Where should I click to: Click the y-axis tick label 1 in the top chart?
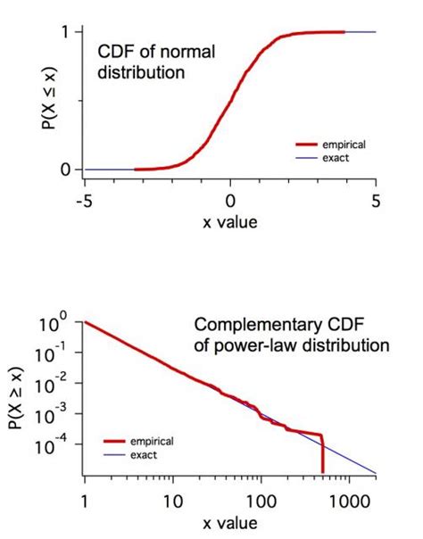[x=65, y=32]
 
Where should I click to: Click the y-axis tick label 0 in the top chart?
[x=65, y=169]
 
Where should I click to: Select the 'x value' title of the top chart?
[x=229, y=220]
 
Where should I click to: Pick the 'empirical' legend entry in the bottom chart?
[x=150, y=441]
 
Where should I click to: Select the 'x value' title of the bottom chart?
[x=229, y=522]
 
